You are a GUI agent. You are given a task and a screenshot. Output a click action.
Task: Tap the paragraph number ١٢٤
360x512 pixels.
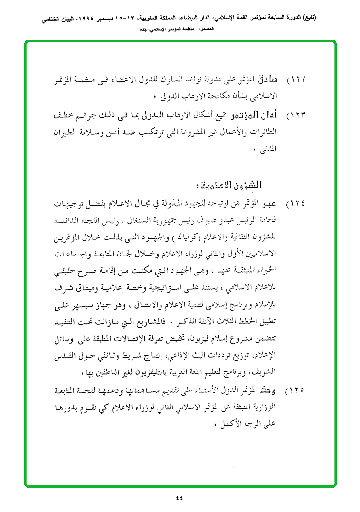(296, 205)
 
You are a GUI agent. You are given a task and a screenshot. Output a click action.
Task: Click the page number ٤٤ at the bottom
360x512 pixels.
(179, 498)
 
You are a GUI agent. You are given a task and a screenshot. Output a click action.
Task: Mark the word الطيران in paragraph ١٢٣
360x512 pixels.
(66, 131)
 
